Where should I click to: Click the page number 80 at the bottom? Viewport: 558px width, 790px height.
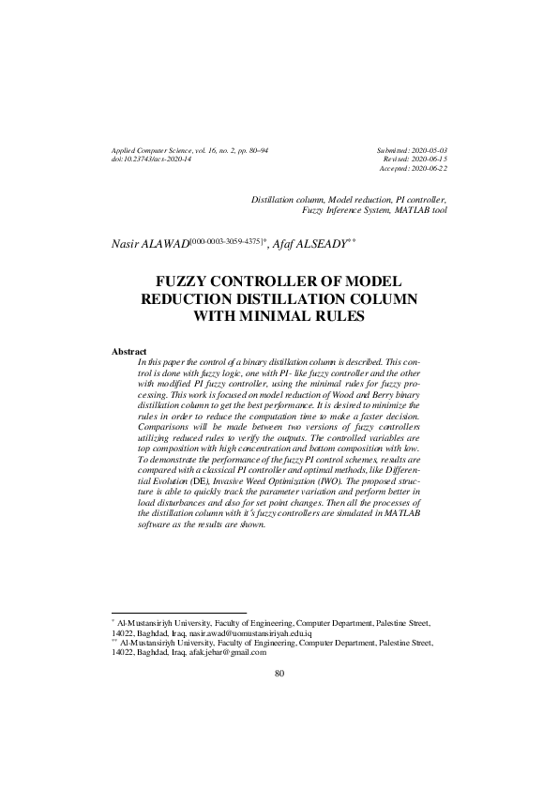tap(279, 673)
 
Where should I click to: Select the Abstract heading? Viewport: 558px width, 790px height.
tap(129, 351)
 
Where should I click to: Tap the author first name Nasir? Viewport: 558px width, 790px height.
tap(128, 243)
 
